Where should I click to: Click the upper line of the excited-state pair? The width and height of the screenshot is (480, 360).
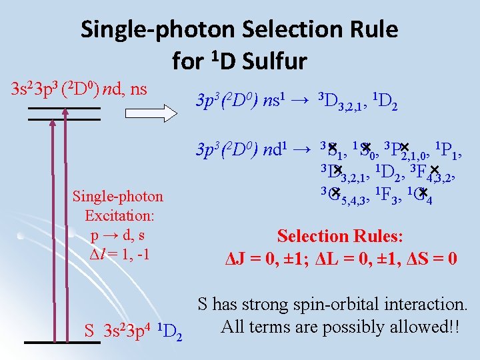pyautogui.click(x=64, y=109)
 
